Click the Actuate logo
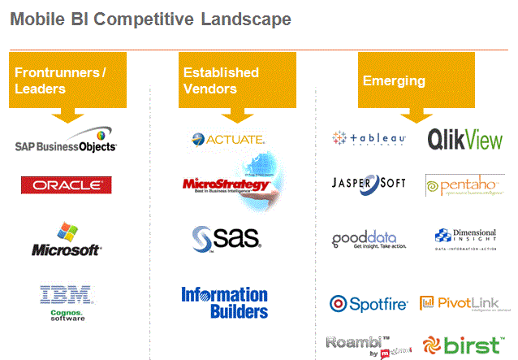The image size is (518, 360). coord(223,139)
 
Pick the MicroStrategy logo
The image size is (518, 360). coord(226,184)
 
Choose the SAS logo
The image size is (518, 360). coord(225,237)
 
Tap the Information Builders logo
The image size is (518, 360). coord(224,302)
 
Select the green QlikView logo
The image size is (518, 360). coord(464,139)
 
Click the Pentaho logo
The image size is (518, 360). coord(464,185)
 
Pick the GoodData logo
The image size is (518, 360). coord(369,240)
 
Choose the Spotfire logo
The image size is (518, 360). coord(369,304)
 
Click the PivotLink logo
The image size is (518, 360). coord(464,304)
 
